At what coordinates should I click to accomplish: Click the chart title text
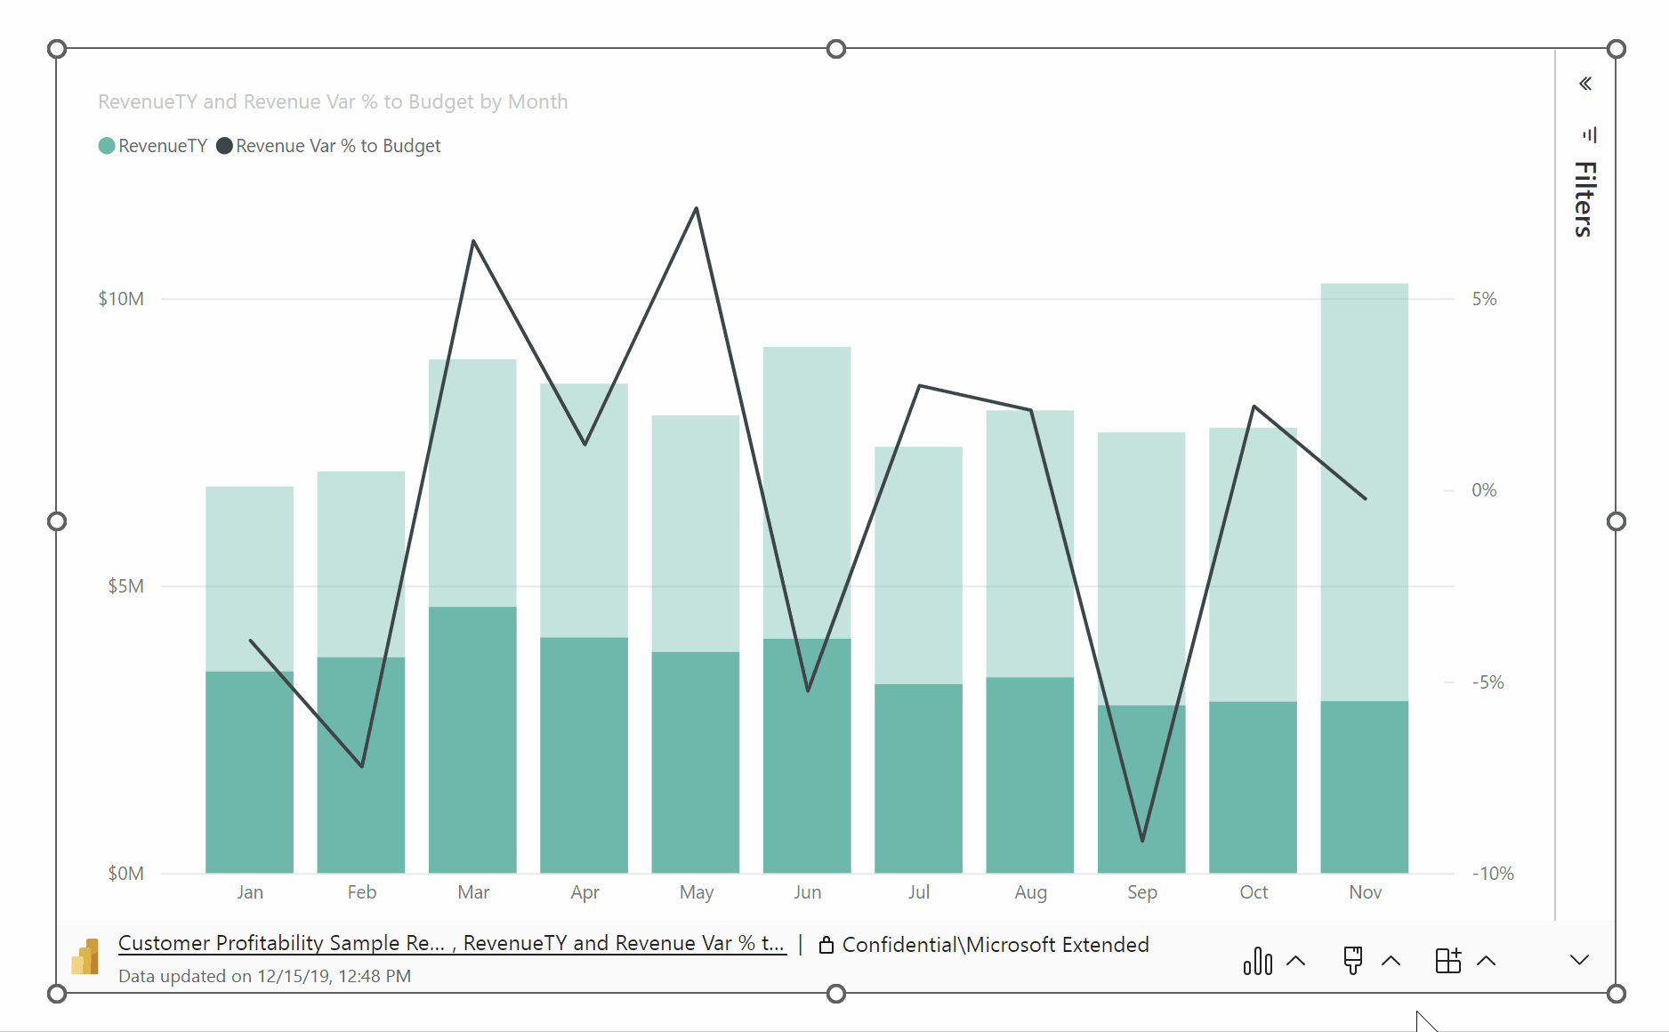(333, 102)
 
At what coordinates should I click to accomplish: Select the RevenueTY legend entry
(153, 146)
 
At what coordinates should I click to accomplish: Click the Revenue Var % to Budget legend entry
(329, 146)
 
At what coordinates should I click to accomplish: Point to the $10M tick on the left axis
(121, 299)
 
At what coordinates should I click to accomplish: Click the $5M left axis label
(125, 586)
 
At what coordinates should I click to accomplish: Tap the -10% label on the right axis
(1492, 874)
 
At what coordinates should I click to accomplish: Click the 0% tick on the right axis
(1484, 490)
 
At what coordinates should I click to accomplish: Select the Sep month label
(1141, 892)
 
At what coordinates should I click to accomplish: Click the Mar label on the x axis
(473, 892)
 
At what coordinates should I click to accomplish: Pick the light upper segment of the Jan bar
(249, 578)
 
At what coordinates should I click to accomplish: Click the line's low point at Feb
(362, 765)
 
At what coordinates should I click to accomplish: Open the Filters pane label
(1584, 199)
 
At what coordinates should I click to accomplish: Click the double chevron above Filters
(1585, 84)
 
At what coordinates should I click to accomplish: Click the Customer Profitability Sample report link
(280, 943)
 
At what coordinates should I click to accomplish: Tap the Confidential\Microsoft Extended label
(995, 945)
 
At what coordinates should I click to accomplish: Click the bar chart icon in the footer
(1258, 961)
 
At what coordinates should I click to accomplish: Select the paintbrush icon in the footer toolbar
(1353, 961)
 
